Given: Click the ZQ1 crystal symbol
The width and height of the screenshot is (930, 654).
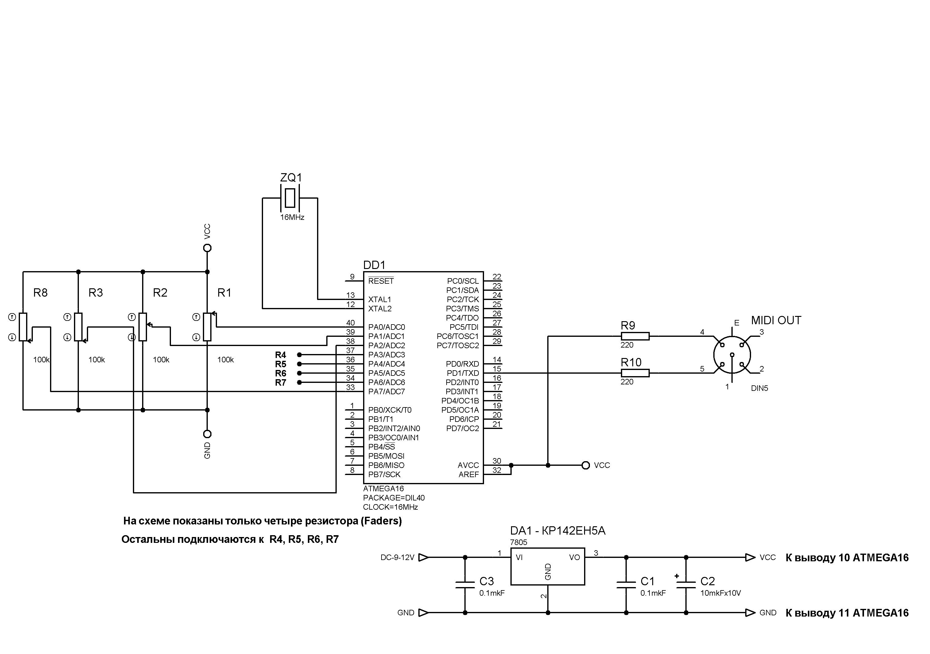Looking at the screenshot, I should coord(290,198).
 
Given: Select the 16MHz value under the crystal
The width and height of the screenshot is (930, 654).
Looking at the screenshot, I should coord(292,217).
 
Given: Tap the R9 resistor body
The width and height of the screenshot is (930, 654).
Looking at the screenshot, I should coord(635,336).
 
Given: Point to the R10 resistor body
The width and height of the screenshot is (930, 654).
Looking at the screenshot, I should coord(635,373).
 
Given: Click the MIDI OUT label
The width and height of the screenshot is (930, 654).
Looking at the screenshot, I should coord(776,321).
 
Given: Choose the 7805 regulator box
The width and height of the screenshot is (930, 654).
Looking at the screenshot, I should coord(547,566).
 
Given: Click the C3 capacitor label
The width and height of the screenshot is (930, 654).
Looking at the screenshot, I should coord(486,581).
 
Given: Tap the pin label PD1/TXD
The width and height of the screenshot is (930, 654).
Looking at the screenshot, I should coord(462,373).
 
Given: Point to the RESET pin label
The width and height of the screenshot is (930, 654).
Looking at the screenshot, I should coord(381,281).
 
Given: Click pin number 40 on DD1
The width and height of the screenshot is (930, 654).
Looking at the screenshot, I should coord(351,322).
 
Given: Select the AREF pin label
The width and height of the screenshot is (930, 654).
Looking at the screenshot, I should coord(468,474).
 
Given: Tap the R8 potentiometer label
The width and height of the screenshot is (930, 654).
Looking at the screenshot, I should coord(40,293).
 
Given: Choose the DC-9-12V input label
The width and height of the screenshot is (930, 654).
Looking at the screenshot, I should coord(397,558).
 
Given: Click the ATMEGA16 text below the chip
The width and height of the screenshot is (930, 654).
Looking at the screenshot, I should coord(383,489).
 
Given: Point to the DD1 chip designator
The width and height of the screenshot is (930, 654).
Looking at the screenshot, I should coord(374,265).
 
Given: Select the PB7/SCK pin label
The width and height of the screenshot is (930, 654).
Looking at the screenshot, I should coord(384,474).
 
